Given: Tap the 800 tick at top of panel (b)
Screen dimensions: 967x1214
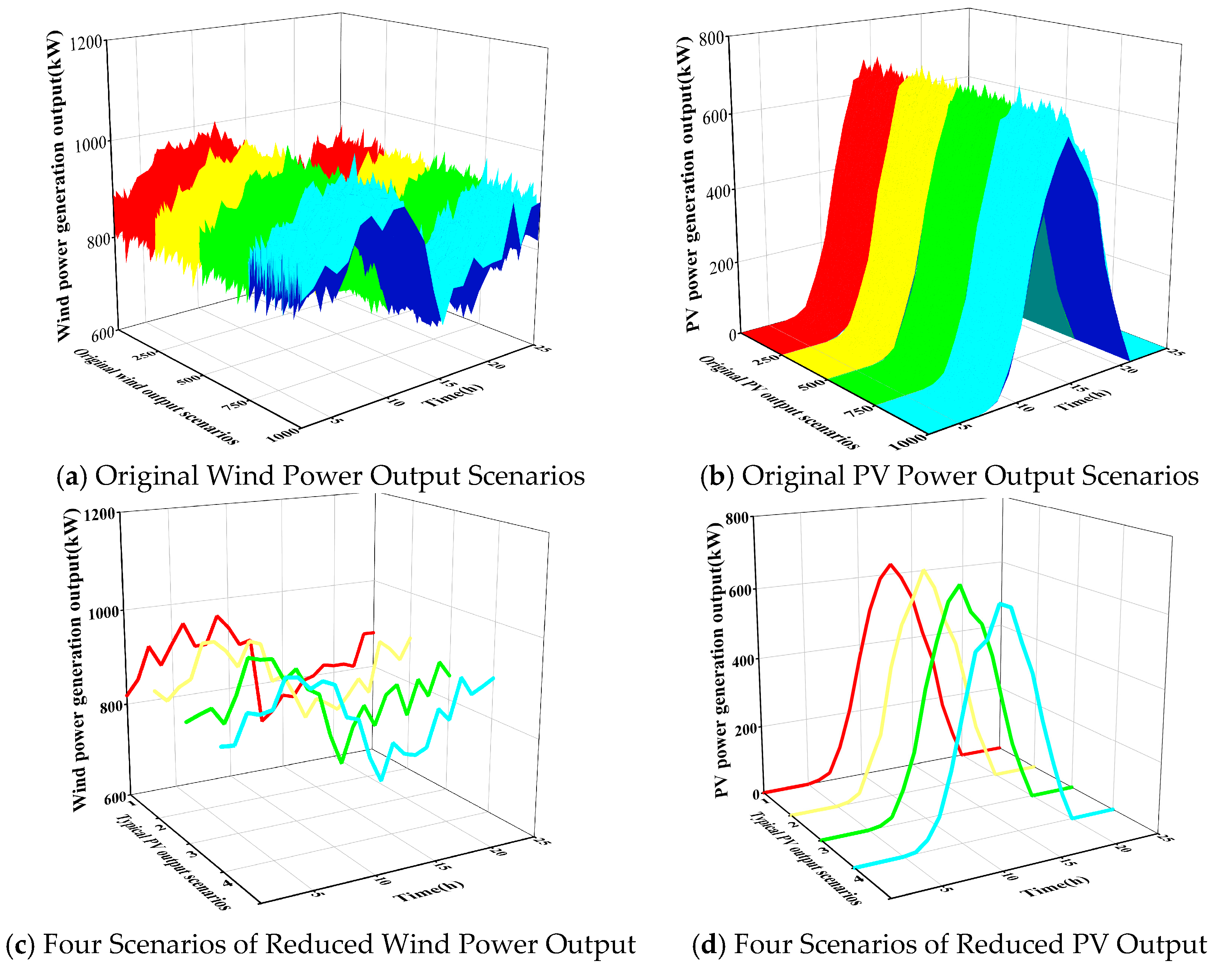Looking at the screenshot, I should click(711, 38).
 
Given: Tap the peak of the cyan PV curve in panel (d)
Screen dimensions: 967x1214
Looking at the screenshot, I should click(1000, 604).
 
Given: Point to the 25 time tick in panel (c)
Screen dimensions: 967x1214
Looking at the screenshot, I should click(542, 841).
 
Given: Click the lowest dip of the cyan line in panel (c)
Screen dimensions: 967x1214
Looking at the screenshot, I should click(382, 780).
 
